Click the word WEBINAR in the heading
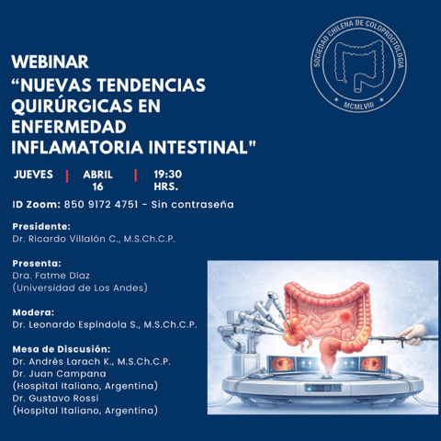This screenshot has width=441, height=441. (x=51, y=62)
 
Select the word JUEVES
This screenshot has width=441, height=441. (x=33, y=175)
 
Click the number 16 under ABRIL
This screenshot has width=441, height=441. (x=97, y=187)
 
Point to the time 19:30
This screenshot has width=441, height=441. (x=168, y=175)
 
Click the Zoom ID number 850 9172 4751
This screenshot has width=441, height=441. (x=101, y=204)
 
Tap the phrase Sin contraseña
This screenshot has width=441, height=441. (x=193, y=204)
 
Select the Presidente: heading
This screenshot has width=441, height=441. (x=41, y=227)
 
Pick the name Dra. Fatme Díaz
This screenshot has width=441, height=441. (x=51, y=276)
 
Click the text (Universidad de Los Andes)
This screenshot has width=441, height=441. (x=80, y=288)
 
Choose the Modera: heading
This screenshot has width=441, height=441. (x=33, y=312)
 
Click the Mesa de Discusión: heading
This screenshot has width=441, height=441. (x=62, y=349)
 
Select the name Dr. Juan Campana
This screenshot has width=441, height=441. (x=60, y=374)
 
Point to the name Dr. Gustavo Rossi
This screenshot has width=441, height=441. (x=55, y=398)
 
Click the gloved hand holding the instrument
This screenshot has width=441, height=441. (x=411, y=334)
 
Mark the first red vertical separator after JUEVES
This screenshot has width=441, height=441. (x=67, y=176)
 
